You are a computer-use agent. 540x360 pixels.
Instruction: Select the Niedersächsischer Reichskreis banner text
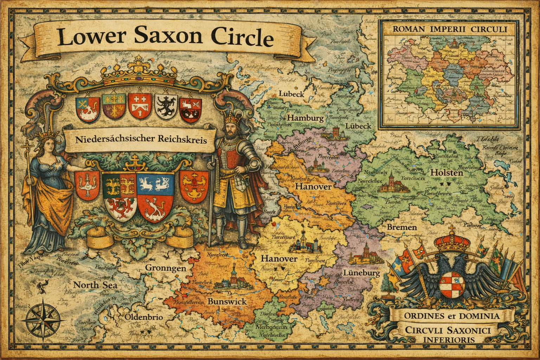click(x=140, y=139)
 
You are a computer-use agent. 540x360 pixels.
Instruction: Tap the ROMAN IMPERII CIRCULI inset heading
click(x=449, y=29)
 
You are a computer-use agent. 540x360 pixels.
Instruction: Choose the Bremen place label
click(x=401, y=227)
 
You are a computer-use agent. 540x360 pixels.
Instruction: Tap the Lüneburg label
click(x=361, y=273)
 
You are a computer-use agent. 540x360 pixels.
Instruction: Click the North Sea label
click(x=95, y=285)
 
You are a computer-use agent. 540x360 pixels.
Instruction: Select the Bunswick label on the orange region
click(x=227, y=302)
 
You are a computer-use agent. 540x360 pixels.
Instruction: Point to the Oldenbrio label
click(x=143, y=317)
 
